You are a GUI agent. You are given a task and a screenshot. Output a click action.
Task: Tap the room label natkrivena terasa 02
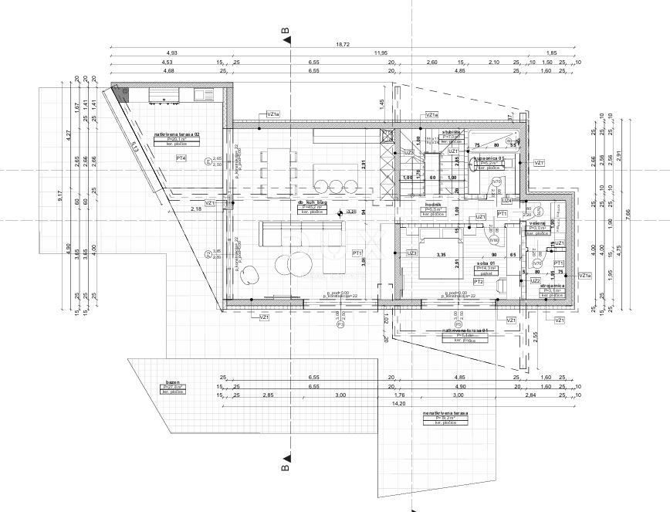click(x=177, y=134)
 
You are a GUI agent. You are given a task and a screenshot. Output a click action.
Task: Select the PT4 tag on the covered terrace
click(x=181, y=158)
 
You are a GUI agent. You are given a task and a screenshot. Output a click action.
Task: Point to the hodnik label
click(x=432, y=204)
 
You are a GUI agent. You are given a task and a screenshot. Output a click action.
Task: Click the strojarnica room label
click(x=553, y=285)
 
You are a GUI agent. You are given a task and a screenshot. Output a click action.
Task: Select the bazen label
click(x=172, y=382)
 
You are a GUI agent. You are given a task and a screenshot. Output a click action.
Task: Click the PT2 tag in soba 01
click(x=479, y=282)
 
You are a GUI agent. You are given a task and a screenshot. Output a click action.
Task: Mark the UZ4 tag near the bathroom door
click(x=506, y=199)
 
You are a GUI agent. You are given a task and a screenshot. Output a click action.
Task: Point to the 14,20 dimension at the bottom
click(x=398, y=402)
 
